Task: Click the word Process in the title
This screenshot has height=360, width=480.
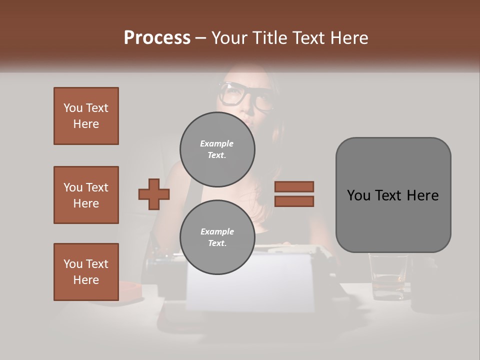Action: point(157,37)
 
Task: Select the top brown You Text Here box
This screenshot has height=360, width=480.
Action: point(86,116)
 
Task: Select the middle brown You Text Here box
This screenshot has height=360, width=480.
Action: point(86,195)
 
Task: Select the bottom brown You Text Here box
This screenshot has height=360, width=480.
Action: point(86,272)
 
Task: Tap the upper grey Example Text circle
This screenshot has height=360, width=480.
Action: point(217,149)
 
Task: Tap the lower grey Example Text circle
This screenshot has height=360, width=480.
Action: point(217,237)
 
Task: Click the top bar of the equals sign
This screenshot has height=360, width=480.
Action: point(294,186)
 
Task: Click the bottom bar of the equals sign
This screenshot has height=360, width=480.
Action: point(294,201)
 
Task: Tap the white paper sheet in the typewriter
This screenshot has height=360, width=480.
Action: point(250,282)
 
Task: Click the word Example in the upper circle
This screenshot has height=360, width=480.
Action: point(217,143)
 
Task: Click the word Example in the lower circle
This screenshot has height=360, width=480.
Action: point(217,231)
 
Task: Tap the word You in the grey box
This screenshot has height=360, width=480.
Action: point(358,195)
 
